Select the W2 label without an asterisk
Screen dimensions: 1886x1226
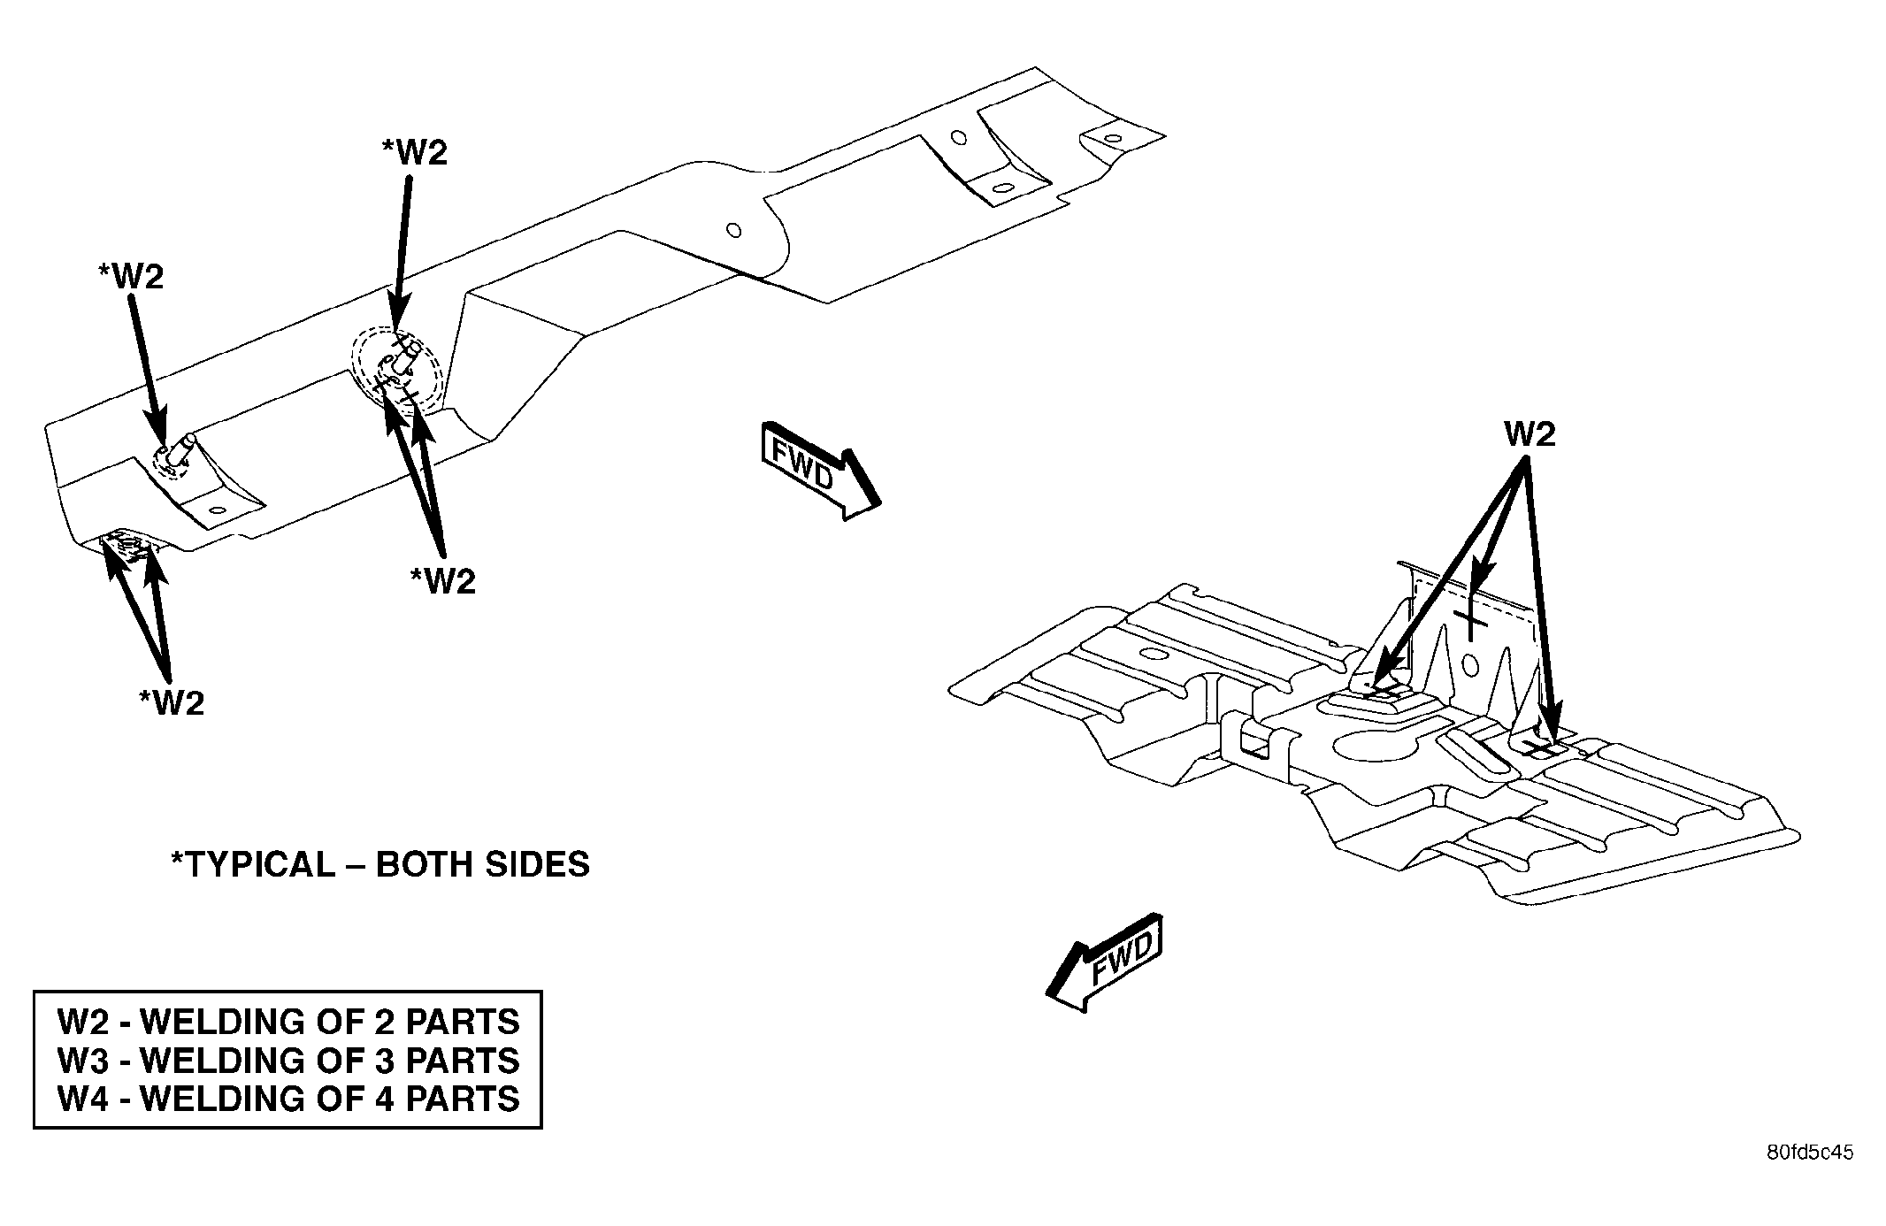(1529, 434)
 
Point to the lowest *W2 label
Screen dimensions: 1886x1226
(172, 702)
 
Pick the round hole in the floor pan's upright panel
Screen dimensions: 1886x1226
(1471, 663)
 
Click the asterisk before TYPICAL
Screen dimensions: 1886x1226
(177, 857)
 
